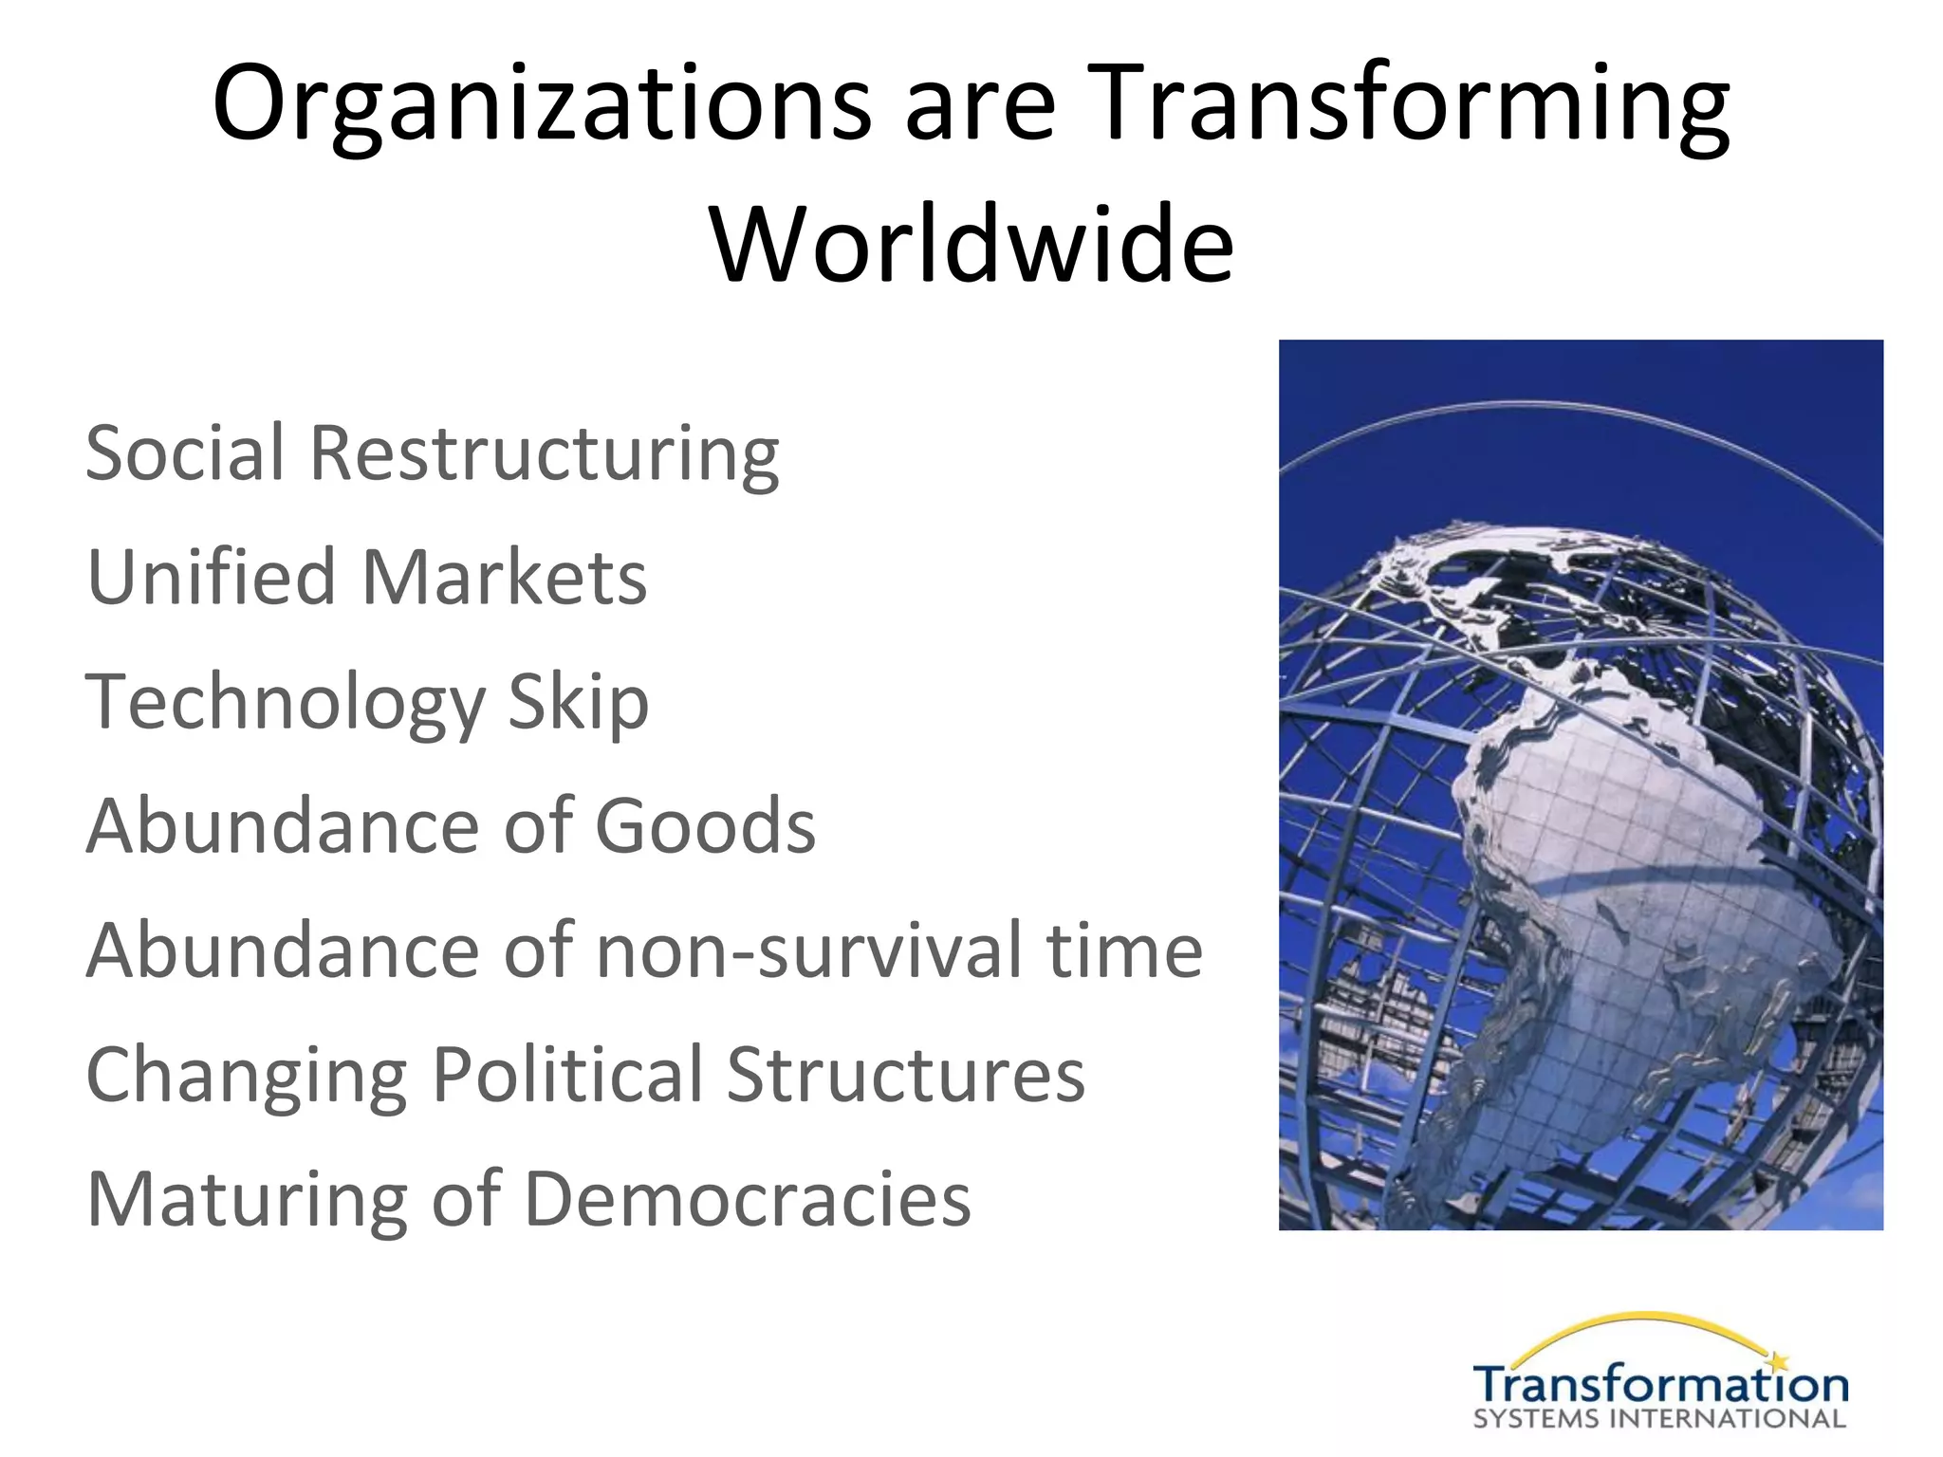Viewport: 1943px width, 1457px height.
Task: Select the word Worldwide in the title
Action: coord(971,244)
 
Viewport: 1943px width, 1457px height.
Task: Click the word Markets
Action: coord(505,577)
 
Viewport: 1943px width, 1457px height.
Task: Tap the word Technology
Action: coord(285,703)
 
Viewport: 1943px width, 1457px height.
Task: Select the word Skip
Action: coord(578,703)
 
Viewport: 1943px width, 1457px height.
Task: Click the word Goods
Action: coord(705,825)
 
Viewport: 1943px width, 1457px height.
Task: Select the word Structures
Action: coord(905,1074)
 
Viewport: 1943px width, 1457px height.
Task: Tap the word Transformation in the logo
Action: coord(1660,1386)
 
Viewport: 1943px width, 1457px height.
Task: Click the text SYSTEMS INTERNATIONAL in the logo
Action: coord(1659,1420)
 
